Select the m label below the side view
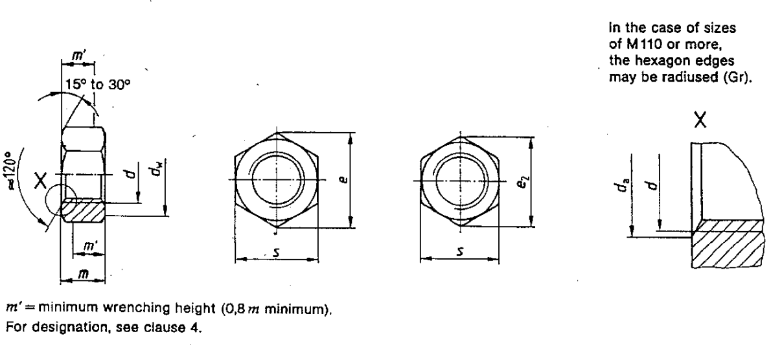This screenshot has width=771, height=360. (x=82, y=275)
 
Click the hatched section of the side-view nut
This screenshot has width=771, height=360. (x=86, y=210)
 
